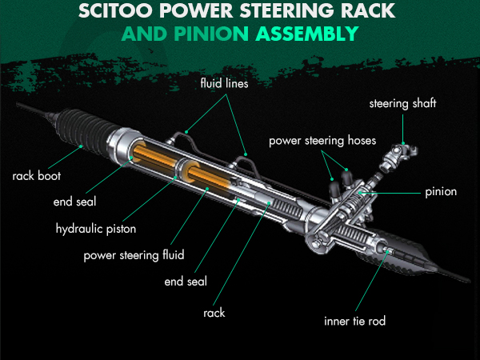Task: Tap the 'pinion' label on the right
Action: pos(441,191)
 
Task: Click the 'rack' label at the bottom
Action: pos(214,313)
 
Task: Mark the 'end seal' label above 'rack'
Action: pos(186,281)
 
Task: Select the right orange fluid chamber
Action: pos(209,182)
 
